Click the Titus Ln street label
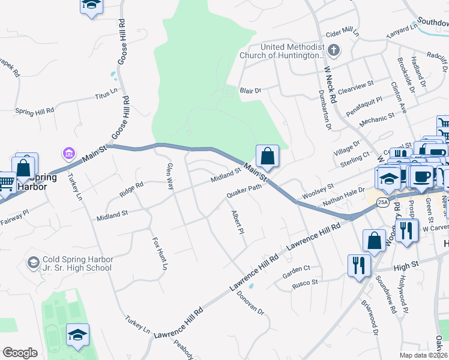tap(106, 96)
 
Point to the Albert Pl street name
tap(237, 222)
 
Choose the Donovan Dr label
tap(250, 302)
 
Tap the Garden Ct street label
tap(297, 268)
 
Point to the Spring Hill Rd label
tap(34, 111)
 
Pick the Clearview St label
tap(355, 87)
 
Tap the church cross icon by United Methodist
tap(334, 50)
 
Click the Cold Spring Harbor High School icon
tap(34, 262)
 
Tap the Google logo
tap(20, 353)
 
